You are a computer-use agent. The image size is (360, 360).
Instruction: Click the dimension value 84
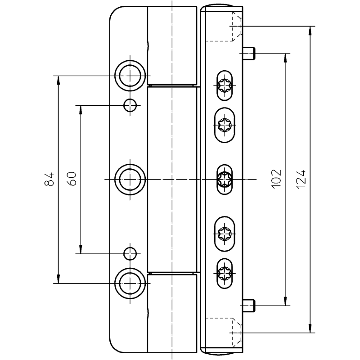coord(50,179)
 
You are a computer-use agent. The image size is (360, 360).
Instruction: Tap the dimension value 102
coord(277,179)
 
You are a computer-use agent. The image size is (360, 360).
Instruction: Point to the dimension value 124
coord(301,179)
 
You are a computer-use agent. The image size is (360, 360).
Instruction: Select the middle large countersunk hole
coord(130,179)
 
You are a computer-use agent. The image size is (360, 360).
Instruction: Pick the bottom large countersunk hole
coord(130,283)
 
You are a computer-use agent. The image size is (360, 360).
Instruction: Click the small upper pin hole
coord(130,105)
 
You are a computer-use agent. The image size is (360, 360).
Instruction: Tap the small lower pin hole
coord(130,253)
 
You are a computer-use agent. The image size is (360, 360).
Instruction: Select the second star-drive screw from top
coord(225,124)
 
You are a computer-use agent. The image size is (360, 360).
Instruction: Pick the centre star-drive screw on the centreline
coord(225,179)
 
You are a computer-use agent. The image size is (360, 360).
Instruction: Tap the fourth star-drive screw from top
coord(225,233)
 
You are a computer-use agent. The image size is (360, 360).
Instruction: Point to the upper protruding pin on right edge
coord(249,54)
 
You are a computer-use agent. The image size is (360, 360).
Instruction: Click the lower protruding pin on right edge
coord(249,306)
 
